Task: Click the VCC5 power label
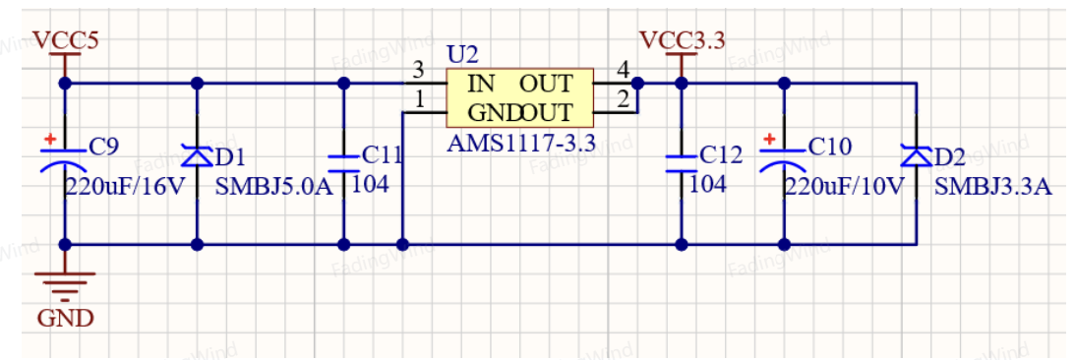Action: point(66,40)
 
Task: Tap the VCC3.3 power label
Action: point(682,40)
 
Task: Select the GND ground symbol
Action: point(65,286)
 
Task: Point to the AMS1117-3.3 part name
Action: point(520,143)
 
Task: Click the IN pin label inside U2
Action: point(481,84)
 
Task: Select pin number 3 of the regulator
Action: point(418,70)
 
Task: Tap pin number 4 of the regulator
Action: point(623,70)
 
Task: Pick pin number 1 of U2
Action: point(419,99)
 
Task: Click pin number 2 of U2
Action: point(623,99)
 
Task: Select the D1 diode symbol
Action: point(198,156)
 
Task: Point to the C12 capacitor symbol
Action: point(681,162)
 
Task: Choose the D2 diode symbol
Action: point(916,156)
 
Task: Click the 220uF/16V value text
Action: point(125,186)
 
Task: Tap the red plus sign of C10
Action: point(769,140)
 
